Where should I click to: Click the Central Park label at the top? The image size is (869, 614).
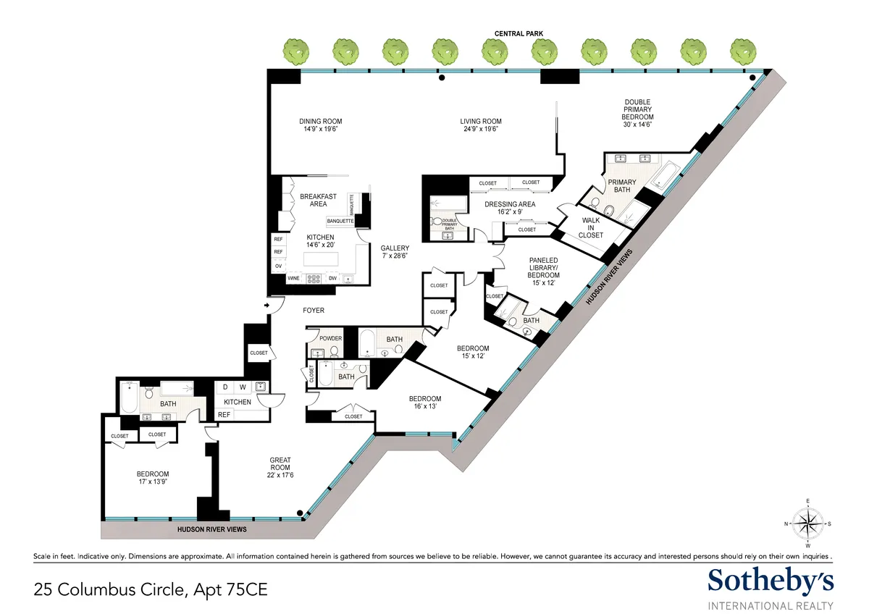tap(519, 33)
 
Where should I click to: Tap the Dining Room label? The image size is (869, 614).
tap(320, 122)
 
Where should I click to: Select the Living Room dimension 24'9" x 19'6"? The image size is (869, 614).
tap(480, 129)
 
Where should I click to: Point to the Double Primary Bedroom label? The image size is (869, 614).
tap(638, 109)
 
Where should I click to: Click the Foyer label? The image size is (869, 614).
tap(314, 311)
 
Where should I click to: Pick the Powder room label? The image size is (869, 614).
tap(330, 338)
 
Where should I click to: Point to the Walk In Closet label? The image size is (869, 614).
tap(590, 227)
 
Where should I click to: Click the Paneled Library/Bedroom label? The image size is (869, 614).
tap(543, 268)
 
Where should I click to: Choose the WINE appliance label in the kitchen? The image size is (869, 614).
tap(294, 278)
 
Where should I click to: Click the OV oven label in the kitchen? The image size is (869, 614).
tap(277, 266)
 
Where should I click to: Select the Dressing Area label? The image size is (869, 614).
tap(510, 204)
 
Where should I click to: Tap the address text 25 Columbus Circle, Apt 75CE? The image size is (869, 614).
tap(151, 590)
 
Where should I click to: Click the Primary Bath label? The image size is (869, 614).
tap(618, 186)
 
